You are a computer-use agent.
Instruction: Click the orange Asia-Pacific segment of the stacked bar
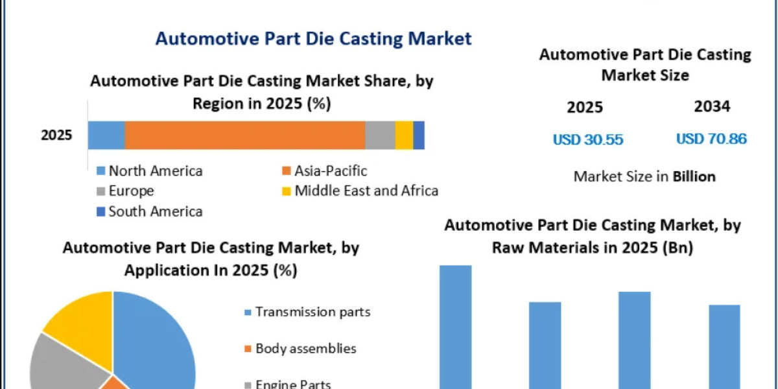[245, 135]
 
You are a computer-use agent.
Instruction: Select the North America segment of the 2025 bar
[106, 135]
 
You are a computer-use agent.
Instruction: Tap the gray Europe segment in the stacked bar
[381, 135]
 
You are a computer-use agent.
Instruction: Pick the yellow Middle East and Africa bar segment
[405, 135]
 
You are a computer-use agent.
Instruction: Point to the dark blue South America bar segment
[419, 135]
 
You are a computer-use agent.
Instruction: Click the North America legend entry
[150, 171]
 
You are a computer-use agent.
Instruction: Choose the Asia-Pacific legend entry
[325, 171]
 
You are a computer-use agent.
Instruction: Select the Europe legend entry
[125, 191]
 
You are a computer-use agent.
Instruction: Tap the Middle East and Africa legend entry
[360, 191]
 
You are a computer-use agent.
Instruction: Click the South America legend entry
[150, 211]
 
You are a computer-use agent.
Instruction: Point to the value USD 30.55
[588, 139]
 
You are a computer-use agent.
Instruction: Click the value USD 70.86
[711, 139]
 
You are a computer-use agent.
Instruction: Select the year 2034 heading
[712, 106]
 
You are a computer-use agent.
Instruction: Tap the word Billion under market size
[694, 177]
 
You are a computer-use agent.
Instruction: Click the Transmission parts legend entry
[307, 312]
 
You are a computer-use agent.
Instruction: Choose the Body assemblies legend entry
[300, 348]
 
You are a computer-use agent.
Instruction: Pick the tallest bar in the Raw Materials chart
[456, 327]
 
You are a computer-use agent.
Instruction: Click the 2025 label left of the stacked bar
[56, 135]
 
